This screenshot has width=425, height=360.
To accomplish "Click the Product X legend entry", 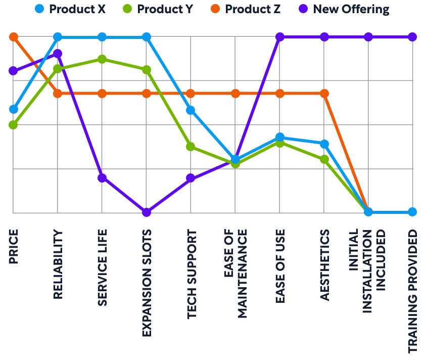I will coord(71,9).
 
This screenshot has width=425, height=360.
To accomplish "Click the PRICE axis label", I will coord(14,246).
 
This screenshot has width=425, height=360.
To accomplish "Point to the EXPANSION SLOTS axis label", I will coord(147,283).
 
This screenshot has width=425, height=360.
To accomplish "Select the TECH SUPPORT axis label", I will coord(191,274).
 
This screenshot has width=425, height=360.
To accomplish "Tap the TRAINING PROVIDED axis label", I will coord(412,290).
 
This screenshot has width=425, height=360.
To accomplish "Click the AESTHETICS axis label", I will coord(324,265).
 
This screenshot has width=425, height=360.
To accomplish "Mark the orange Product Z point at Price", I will coord(14,37).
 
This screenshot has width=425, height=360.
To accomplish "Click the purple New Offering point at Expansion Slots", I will coord(147,212).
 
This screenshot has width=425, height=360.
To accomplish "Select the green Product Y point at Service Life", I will coord(102,59).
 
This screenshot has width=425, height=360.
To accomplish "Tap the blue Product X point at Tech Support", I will coord(191,110).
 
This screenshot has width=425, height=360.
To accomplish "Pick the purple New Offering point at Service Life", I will coord(102,177).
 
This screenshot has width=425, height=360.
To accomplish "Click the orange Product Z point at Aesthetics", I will coord(324,94).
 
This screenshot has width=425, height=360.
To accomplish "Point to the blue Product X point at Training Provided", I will coord(412,212).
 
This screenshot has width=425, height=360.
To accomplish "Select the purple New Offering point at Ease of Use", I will coord(279,37).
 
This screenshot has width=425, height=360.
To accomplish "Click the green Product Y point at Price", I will coord(14,124).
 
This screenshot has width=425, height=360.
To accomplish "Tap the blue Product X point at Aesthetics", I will coord(324,144).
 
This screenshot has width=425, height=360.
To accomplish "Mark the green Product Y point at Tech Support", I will coord(191,147).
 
